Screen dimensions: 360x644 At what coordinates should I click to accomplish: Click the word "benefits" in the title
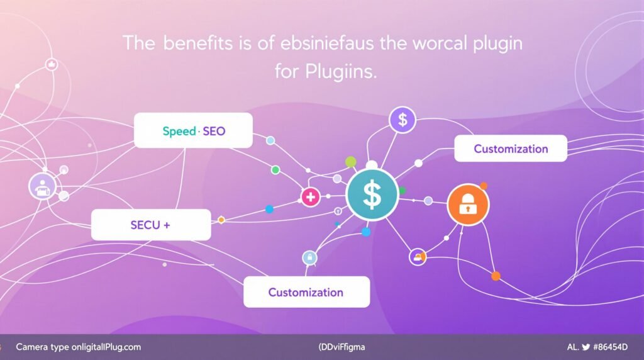coord(194,44)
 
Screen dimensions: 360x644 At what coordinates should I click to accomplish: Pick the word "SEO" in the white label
coord(214,131)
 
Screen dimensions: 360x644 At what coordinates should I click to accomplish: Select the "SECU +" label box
coord(151,225)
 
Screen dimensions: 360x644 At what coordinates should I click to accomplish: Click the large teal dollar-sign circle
coord(372,194)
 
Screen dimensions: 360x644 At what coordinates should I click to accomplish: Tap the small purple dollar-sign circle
coord(402,120)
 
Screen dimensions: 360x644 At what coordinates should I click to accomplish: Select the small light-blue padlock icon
coord(309,257)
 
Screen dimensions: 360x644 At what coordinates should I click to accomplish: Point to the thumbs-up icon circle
coord(52,64)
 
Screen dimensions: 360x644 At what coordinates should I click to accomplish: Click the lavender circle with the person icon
coord(43,186)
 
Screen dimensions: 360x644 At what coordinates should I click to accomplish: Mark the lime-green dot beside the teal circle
coord(351,162)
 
